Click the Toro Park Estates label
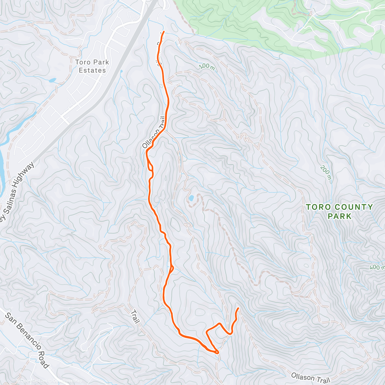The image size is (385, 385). [92, 66]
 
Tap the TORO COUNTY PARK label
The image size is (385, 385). [339, 211]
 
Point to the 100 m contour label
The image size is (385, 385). [207, 66]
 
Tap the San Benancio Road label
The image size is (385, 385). [28, 340]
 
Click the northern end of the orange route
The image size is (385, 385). [164, 32]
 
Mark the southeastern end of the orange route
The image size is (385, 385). [238, 308]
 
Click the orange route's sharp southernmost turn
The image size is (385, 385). [217, 352]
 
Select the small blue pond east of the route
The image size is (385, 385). [191, 198]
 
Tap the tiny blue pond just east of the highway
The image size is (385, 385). [121, 71]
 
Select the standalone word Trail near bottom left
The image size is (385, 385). [135, 316]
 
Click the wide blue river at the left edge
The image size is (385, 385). [3, 167]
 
